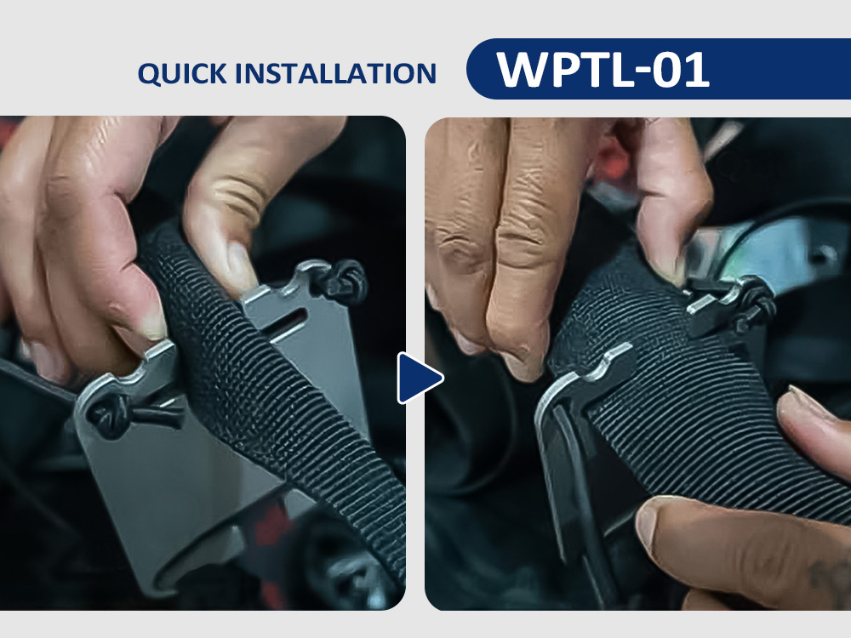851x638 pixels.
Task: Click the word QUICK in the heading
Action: click(182, 74)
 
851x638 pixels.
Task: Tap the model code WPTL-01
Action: click(603, 69)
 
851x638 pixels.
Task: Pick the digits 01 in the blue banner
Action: click(681, 70)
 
